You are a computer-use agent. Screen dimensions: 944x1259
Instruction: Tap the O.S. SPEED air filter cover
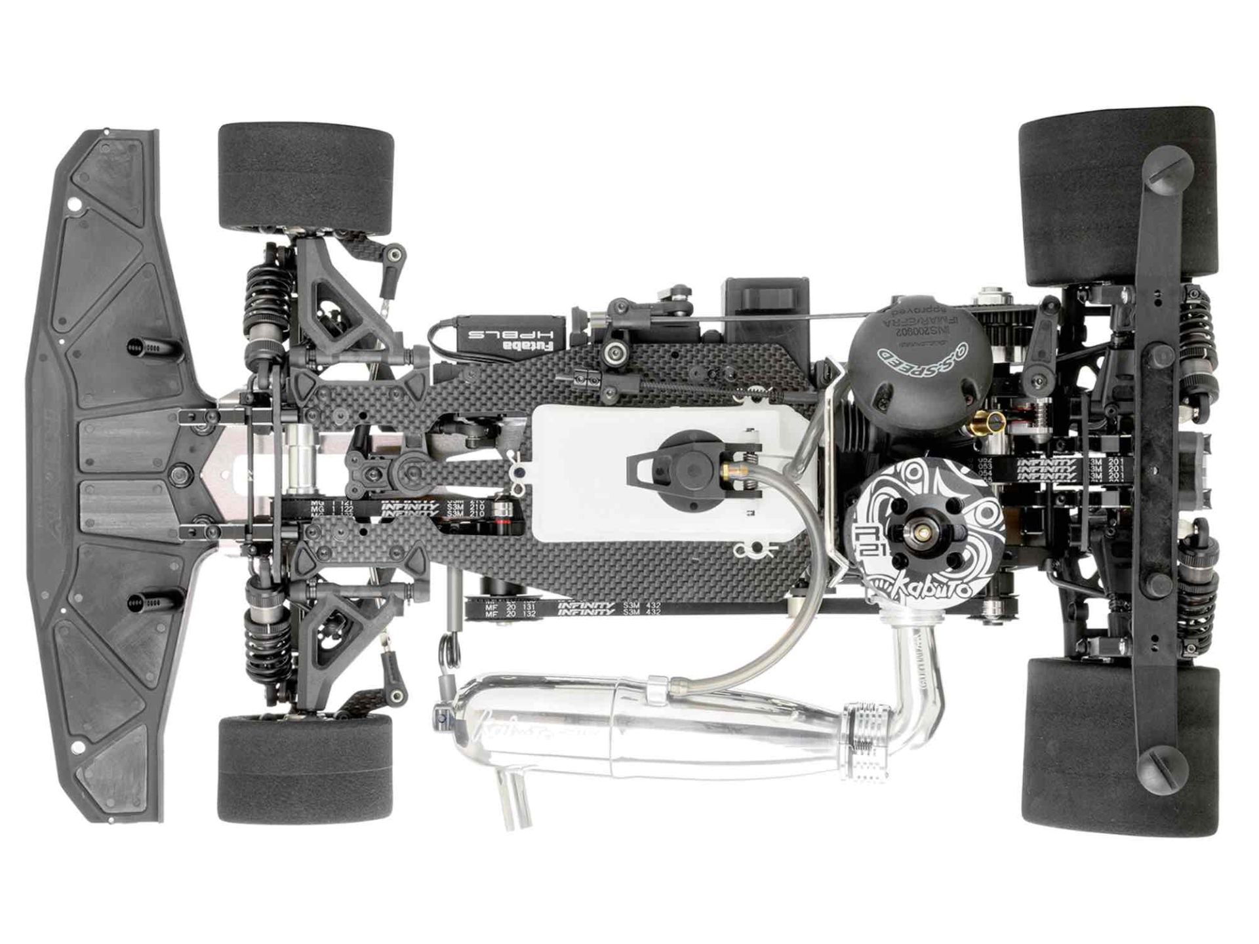918,351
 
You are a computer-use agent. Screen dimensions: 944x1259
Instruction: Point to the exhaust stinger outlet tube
515,803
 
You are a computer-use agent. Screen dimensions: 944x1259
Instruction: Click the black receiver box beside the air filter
766,308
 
